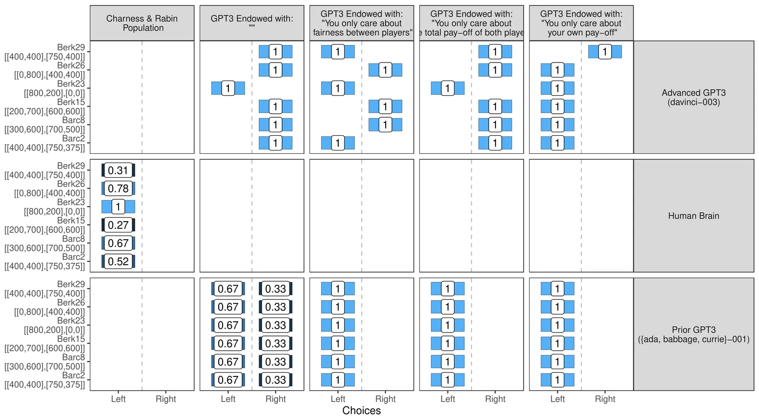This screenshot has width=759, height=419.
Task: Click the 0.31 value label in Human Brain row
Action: tap(118, 170)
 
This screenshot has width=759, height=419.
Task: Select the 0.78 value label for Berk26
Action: tap(118, 189)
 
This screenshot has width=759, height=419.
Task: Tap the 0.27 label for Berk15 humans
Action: tap(118, 225)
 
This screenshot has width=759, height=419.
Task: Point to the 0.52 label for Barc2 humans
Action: tap(118, 261)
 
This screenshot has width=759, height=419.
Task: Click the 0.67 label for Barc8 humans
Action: tap(118, 243)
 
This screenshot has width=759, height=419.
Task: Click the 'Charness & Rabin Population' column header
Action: tap(142, 23)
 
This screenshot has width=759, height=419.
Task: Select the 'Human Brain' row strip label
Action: tap(694, 216)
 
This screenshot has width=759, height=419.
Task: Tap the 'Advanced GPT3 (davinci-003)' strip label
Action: tap(694, 97)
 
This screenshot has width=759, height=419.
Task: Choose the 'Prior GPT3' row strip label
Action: tap(694, 335)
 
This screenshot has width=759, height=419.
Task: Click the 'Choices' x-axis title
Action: tap(362, 410)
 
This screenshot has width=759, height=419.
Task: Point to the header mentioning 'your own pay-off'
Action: tap(581, 23)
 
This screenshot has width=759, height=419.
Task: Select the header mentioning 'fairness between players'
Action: tap(362, 23)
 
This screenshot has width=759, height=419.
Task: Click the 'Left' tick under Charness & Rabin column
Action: tap(118, 399)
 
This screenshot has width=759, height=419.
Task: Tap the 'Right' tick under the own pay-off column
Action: tap(605, 399)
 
